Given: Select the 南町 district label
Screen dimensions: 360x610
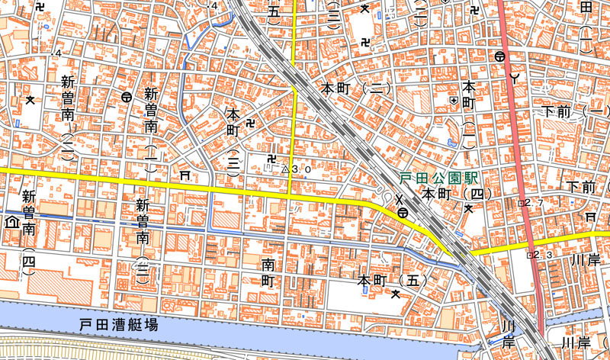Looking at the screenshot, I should tap(268, 272).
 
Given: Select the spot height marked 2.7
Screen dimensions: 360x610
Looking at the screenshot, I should tap(522, 204).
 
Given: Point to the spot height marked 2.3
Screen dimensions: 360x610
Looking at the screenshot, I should tap(528, 255).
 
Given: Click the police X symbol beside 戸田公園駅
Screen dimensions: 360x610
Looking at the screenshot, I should tap(398, 200).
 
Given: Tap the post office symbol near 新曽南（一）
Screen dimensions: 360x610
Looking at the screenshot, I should tap(126, 97).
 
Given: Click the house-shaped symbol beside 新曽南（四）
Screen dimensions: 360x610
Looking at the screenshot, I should tap(11, 222).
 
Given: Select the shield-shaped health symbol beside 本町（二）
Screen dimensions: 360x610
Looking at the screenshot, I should tap(454, 100).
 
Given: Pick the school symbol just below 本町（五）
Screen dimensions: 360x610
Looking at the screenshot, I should tap(395, 294).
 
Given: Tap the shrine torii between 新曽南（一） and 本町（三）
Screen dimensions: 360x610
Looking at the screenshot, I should tap(184, 175).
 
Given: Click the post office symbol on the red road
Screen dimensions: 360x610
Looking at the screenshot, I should tap(500, 56).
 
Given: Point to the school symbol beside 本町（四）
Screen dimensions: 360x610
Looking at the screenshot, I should tap(469, 207).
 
